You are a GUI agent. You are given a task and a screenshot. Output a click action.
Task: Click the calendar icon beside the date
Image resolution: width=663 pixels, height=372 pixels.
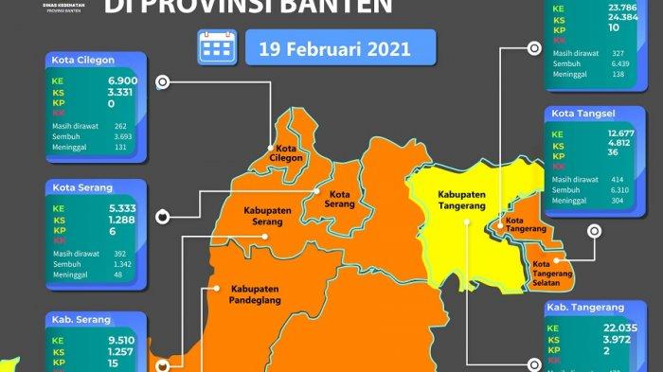(x=217, y=46)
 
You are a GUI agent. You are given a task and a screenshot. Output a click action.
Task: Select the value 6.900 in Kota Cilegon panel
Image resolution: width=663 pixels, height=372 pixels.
(x=123, y=81)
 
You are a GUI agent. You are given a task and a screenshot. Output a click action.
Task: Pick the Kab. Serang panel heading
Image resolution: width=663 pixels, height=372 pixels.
(x=76, y=319)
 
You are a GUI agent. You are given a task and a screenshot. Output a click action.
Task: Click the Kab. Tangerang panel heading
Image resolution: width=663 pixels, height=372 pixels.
(x=585, y=308)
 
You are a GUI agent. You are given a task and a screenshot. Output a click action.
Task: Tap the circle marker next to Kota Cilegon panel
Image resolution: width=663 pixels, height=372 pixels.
(x=163, y=83)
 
